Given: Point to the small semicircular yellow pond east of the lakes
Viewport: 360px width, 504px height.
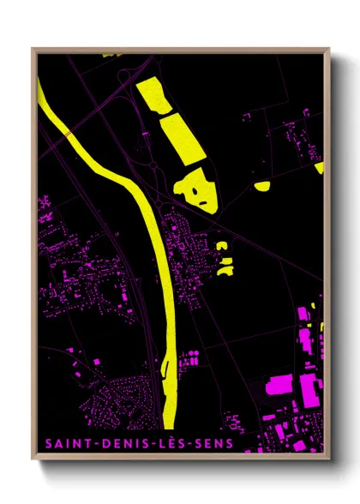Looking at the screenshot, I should click(x=262, y=185).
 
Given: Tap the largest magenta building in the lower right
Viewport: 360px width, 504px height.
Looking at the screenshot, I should click(x=283, y=385).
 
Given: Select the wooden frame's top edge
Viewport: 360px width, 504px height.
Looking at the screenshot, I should click(x=180, y=50).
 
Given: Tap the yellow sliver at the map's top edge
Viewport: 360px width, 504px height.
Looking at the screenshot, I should click(x=109, y=55).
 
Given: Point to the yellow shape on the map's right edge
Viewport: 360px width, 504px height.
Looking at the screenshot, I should click(x=319, y=167).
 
